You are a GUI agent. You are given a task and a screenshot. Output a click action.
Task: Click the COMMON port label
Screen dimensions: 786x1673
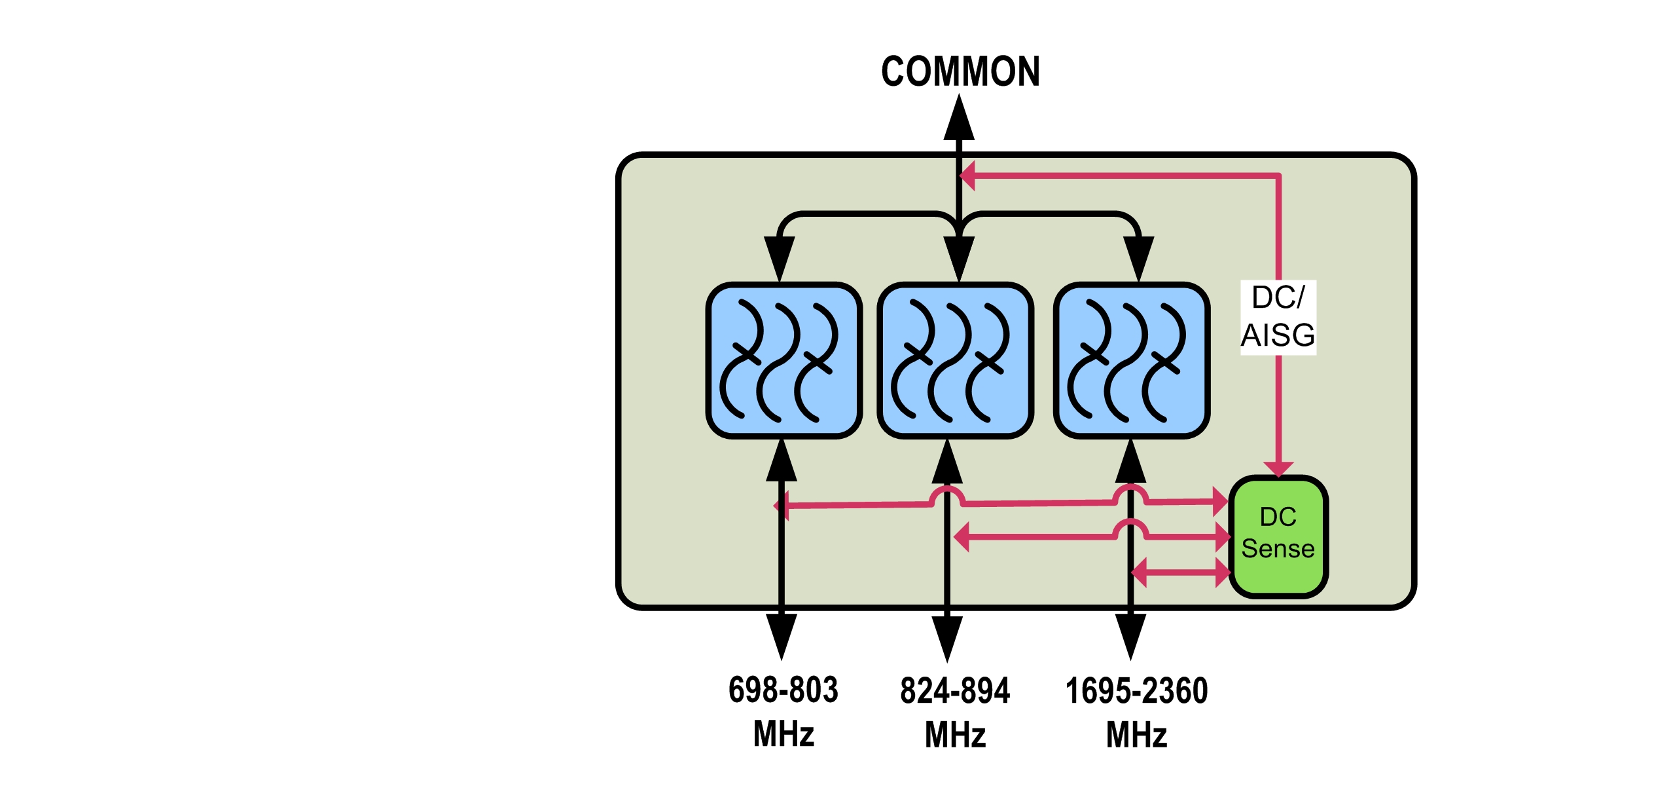(x=960, y=71)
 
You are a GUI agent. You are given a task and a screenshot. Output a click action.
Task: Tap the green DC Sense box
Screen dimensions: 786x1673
(x=1278, y=536)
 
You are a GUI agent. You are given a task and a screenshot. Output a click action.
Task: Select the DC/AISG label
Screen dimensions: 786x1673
(x=1278, y=317)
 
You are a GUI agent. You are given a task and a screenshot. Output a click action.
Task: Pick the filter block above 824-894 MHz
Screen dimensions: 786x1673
(x=955, y=360)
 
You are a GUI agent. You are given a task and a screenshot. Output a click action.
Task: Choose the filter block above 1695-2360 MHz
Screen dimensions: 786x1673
(x=1131, y=360)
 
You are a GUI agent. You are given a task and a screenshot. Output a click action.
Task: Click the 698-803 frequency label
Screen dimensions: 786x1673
(x=783, y=690)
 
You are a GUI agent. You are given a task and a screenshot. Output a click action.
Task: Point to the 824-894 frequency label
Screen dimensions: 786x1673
(x=955, y=690)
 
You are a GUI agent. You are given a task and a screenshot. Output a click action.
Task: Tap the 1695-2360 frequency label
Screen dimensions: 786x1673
(x=1136, y=690)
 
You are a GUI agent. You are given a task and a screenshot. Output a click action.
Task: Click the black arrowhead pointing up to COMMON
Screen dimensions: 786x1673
(x=959, y=118)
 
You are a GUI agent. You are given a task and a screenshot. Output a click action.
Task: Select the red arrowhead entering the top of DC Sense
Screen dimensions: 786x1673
(x=1278, y=468)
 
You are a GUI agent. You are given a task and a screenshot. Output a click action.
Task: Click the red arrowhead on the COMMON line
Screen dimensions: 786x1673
(x=967, y=176)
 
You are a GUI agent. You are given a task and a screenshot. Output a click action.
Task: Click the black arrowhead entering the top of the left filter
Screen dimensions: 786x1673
(x=779, y=258)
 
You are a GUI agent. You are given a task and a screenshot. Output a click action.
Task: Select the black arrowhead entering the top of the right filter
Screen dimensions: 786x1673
(x=1138, y=258)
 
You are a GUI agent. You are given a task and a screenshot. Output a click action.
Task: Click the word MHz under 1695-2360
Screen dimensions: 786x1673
(x=1136, y=734)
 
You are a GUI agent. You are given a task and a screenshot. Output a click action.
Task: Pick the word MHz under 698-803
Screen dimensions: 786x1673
(x=783, y=734)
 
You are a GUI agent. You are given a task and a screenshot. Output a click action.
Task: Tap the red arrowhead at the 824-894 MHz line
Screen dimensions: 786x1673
(x=962, y=537)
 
